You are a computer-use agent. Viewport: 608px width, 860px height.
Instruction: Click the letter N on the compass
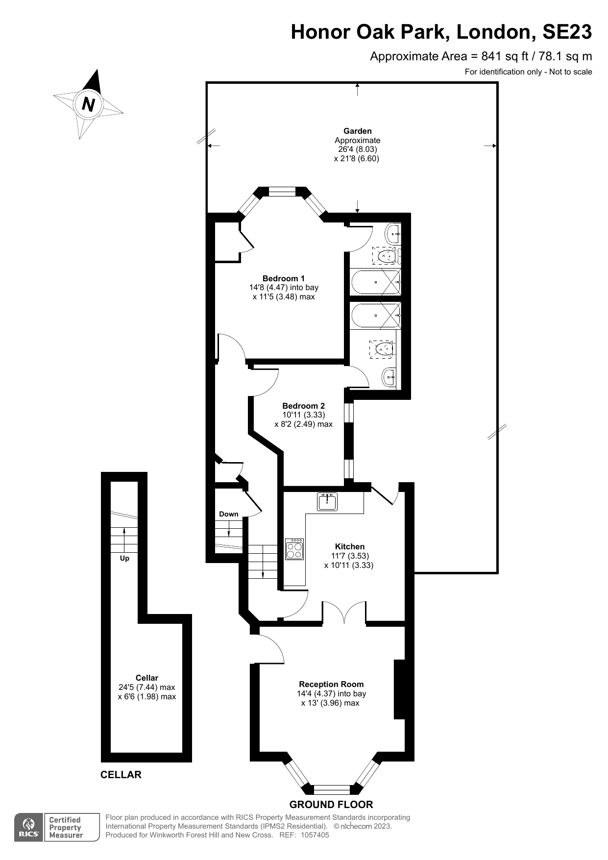(88, 104)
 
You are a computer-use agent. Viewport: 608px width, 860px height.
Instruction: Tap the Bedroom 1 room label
(283, 278)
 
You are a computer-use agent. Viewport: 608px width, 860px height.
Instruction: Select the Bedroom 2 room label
(303, 406)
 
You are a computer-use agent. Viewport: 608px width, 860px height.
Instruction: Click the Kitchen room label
(349, 546)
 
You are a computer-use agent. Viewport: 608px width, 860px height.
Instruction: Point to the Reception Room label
(331, 684)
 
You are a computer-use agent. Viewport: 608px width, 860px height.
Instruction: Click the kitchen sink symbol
(327, 502)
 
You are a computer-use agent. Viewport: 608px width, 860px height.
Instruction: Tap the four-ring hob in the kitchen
(294, 549)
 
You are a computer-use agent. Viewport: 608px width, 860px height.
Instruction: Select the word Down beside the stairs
(228, 514)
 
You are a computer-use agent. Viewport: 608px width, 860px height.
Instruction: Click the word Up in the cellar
(124, 558)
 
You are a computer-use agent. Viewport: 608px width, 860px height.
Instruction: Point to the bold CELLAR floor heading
(121, 775)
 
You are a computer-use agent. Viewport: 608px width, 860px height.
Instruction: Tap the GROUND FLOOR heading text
(331, 805)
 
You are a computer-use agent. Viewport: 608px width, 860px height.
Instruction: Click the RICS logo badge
(28, 827)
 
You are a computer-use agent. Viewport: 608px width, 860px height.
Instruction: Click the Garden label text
(357, 131)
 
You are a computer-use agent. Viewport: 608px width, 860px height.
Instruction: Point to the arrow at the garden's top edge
(357, 89)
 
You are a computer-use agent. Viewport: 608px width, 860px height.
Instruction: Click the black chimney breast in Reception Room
(399, 689)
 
